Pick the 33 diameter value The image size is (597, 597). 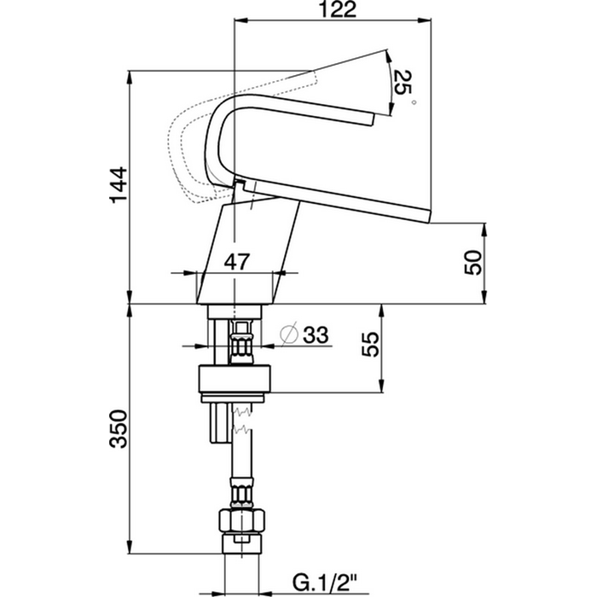[316, 335]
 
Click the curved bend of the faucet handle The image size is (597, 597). [218, 128]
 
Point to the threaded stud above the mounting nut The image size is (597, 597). [241, 341]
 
